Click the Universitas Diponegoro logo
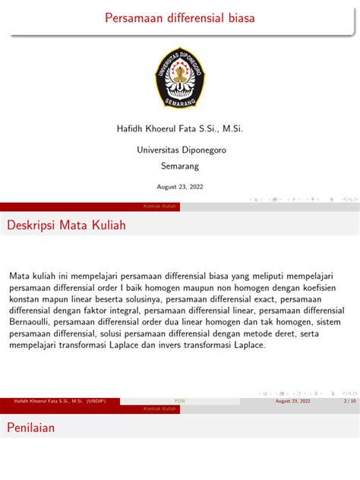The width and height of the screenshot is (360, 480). tap(180, 77)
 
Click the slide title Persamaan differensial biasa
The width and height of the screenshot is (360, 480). tap(180, 17)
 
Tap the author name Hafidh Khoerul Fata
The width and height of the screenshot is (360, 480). tap(179, 129)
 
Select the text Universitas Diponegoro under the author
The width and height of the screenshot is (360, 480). tap(181, 150)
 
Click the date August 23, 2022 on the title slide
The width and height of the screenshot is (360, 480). tap(180, 186)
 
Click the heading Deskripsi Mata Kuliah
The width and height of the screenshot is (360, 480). tap(66, 226)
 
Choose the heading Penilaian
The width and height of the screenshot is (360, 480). tap(31, 428)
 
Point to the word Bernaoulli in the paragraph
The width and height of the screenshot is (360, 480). tap(31, 322)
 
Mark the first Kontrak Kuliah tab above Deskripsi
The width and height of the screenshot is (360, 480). tap(159, 207)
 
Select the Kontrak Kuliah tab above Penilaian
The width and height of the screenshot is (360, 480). tap(159, 409)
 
